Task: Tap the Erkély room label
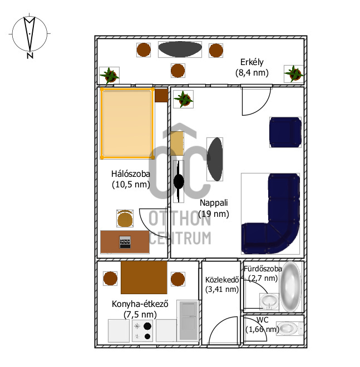[251, 62]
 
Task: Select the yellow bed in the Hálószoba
[126, 123]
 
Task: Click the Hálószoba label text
[131, 173]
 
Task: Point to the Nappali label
[213, 203]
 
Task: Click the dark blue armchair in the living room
[285, 132]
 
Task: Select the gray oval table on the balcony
[179, 49]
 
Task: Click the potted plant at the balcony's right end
[293, 73]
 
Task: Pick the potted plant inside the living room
[183, 99]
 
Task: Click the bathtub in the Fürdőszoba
[290, 286]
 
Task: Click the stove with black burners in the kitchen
[143, 331]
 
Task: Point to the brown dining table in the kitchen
[144, 277]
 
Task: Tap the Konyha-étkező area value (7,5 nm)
[140, 315]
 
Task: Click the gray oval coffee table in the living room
[215, 159]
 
